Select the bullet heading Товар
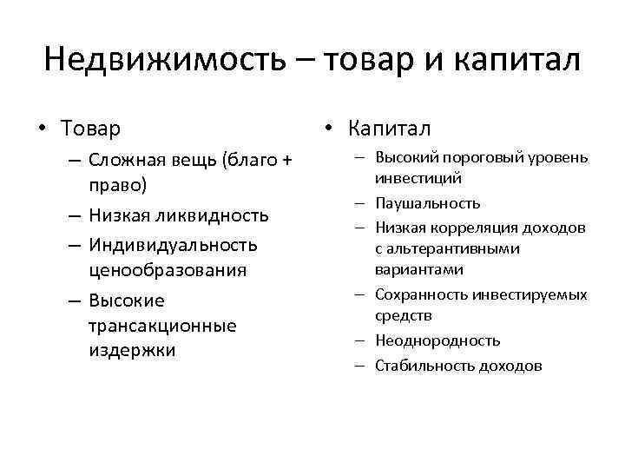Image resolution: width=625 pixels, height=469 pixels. pos(91,129)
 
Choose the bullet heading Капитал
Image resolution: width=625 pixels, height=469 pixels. pos(389,129)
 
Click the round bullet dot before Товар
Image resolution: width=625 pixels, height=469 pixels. pos(41,130)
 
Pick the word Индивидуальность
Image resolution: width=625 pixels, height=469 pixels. pos(173,244)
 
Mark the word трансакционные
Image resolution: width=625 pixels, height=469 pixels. pos(162,326)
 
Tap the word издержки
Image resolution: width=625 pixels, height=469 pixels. pos(131,351)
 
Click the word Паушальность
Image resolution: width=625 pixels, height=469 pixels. pos(427,203)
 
